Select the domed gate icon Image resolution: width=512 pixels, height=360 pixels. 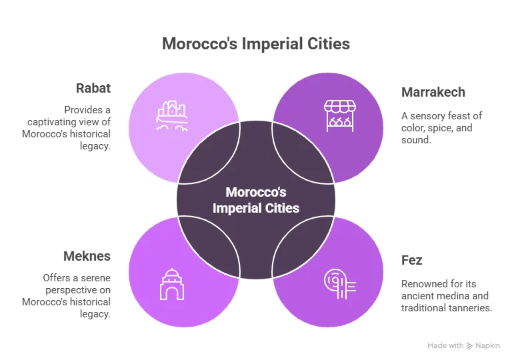(171, 284)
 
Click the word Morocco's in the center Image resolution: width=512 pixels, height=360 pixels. (255, 192)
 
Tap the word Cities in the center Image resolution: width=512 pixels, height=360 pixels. (281, 208)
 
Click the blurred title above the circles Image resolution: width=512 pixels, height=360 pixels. (255, 45)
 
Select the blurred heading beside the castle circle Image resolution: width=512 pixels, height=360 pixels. (93, 88)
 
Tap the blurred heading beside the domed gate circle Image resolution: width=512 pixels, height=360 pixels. (85, 256)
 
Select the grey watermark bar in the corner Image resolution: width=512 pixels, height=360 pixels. (463, 346)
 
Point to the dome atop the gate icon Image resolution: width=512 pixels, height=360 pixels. (171, 274)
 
